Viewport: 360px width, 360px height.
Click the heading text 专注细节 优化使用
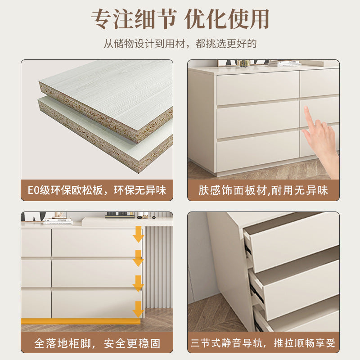click(180, 19)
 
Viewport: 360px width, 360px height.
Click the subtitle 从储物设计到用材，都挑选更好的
click(180, 44)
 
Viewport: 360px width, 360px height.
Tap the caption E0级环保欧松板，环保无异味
click(97, 190)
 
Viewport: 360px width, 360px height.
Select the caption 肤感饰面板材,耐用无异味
click(263, 190)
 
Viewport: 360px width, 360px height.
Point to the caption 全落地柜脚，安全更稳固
click(97, 343)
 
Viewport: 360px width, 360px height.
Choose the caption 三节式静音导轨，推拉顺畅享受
click(263, 343)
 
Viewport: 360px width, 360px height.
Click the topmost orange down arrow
click(138, 234)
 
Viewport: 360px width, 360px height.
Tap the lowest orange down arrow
click(138, 309)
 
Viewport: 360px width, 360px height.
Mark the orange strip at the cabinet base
click(81, 321)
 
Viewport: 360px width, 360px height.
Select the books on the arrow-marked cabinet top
click(57, 220)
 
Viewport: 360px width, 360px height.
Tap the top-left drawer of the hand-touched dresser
click(257, 87)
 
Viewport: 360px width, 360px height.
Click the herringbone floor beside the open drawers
click(211, 315)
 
